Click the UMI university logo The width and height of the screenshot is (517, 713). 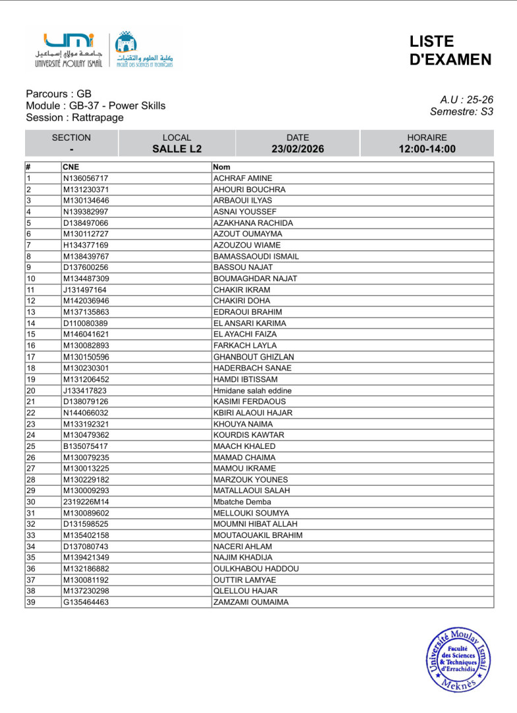pyautogui.click(x=69, y=50)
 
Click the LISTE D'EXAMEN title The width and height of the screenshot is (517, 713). pyautogui.click(x=450, y=51)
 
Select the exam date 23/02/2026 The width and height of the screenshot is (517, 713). pyautogui.click(x=297, y=149)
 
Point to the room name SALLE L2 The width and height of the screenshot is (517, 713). pyautogui.click(x=177, y=149)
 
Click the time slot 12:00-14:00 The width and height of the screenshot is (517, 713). pyautogui.click(x=427, y=149)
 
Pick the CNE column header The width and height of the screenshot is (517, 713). pyautogui.click(x=71, y=167)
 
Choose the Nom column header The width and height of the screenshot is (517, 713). pyautogui.click(x=222, y=167)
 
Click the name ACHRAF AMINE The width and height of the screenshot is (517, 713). pyautogui.click(x=243, y=178)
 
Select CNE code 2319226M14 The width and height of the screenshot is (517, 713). pyautogui.click(x=86, y=502)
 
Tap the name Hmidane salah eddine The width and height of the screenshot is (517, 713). pyautogui.click(x=253, y=390)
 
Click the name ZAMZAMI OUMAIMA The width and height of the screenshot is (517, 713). pyautogui.click(x=251, y=602)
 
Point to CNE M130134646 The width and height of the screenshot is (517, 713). pyautogui.click(x=86, y=201)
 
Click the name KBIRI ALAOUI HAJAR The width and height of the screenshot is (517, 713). pyautogui.click(x=253, y=413)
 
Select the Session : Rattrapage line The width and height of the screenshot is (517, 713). pyautogui.click(x=75, y=118)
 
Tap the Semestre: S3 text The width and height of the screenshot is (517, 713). pyautogui.click(x=461, y=112)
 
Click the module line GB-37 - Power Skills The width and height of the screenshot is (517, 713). pyautogui.click(x=96, y=106)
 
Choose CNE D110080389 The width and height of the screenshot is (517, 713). pyautogui.click(x=86, y=323)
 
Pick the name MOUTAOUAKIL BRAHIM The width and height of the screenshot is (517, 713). pyautogui.click(x=258, y=535)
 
